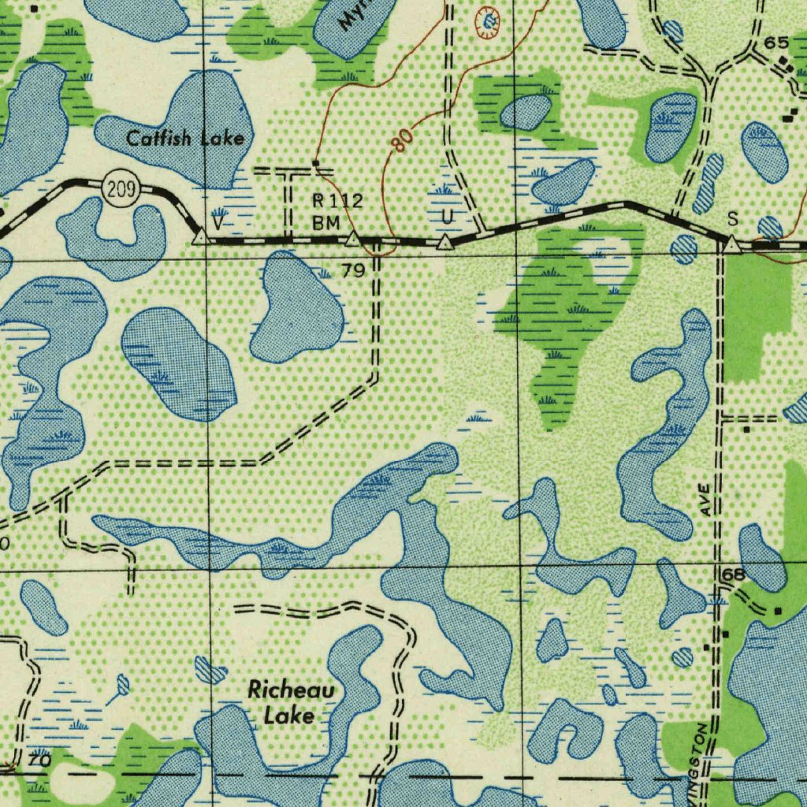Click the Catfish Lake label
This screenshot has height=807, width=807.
pyautogui.click(x=185, y=139)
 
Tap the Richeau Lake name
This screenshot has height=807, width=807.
pyautogui.click(x=291, y=703)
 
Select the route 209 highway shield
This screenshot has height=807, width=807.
pyautogui.click(x=121, y=190)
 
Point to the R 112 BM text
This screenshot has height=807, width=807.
pyautogui.click(x=337, y=212)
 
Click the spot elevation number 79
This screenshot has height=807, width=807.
pyautogui.click(x=353, y=271)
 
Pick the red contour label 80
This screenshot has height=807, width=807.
pyautogui.click(x=401, y=140)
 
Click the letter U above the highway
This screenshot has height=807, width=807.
pyautogui.click(x=447, y=216)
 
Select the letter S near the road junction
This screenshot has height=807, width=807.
pyautogui.click(x=733, y=217)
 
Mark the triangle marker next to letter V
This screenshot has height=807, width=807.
pyautogui.click(x=200, y=236)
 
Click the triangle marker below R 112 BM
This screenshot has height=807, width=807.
pyautogui.click(x=353, y=238)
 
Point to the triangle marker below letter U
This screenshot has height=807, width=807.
pyautogui.click(x=446, y=243)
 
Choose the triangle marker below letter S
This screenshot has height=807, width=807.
pyautogui.click(x=732, y=246)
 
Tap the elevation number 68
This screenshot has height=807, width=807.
pyautogui.click(x=733, y=575)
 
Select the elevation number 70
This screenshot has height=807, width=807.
pyautogui.click(x=39, y=761)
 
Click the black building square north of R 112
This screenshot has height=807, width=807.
pyautogui.click(x=315, y=163)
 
